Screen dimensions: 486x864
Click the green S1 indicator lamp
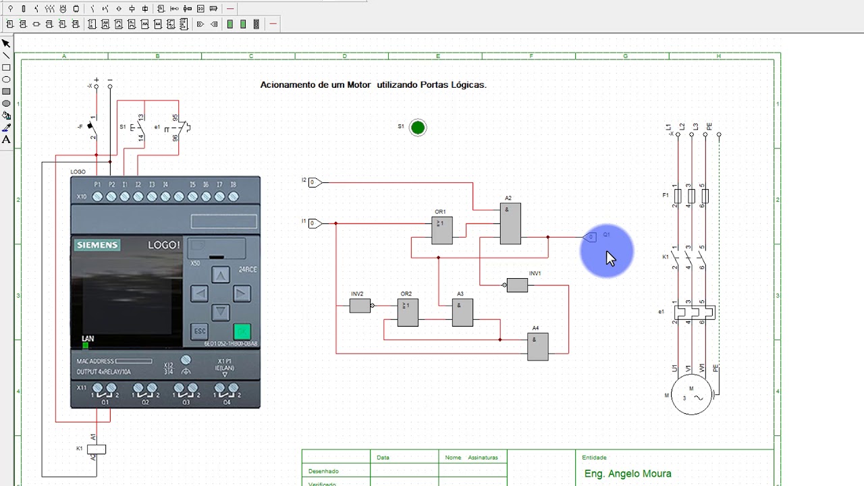point(418,128)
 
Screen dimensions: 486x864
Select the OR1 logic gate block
point(442,231)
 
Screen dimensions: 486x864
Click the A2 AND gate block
point(510,223)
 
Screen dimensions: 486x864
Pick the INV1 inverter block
point(517,286)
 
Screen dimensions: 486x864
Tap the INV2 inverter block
point(360,306)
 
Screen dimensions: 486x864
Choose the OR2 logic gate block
point(408,313)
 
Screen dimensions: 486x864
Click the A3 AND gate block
point(462,313)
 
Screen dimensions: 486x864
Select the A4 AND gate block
point(538,346)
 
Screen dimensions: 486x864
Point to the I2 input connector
point(315,182)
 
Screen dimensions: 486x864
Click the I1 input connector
point(315,223)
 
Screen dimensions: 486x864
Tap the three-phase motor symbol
point(692,394)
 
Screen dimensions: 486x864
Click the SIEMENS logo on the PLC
point(97,245)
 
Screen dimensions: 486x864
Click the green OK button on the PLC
point(242,331)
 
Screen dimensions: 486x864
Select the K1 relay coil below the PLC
point(97,449)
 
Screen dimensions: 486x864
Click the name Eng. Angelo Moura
point(628,474)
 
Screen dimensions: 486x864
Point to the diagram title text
point(373,85)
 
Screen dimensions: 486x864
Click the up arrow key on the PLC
point(221,275)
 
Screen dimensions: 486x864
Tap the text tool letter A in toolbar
point(6,140)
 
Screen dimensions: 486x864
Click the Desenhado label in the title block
point(323,471)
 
